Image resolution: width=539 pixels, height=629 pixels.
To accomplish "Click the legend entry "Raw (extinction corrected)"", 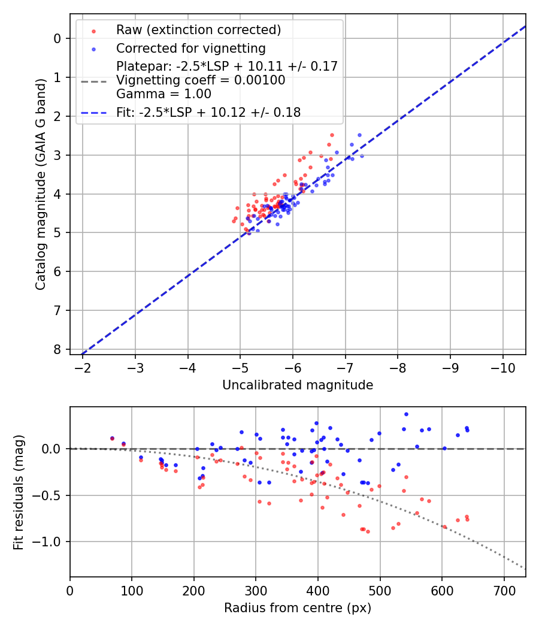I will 198,30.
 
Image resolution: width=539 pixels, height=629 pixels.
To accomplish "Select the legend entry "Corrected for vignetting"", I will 191,48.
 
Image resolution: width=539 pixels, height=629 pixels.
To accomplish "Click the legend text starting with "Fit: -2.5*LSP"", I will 208,112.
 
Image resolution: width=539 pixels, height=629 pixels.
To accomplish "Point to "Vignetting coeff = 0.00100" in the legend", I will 201,80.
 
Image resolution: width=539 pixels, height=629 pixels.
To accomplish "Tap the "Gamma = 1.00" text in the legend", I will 163,94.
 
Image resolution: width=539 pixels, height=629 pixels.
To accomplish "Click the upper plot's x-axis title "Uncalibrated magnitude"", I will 298,385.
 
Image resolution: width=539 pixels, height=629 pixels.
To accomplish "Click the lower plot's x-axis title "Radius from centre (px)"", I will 298,608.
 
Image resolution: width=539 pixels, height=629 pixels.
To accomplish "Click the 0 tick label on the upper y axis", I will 57,38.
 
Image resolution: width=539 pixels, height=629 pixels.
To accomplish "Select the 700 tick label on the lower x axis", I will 504,591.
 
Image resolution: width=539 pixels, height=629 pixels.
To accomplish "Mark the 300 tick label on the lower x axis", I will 256,591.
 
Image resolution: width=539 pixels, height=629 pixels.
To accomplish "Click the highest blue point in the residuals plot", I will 406,414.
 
